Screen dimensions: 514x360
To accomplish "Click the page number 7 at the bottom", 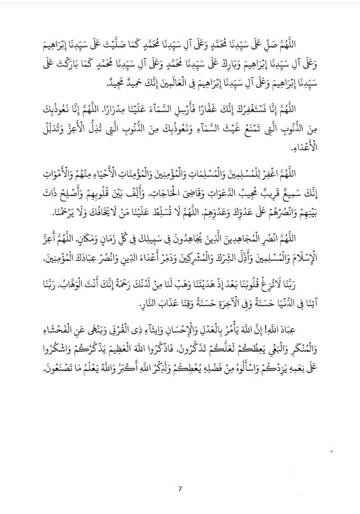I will (180, 488).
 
